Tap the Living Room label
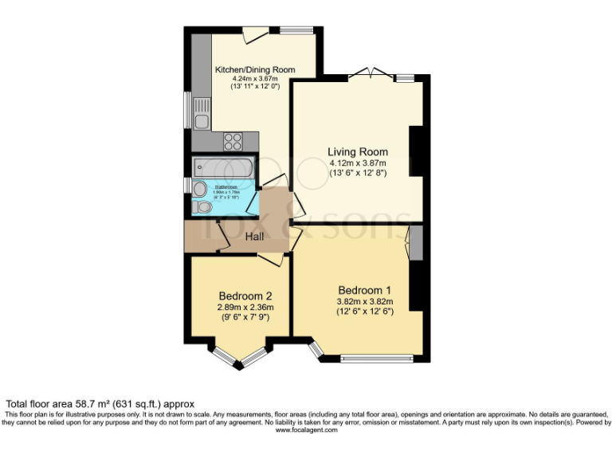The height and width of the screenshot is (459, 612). (x=358, y=151)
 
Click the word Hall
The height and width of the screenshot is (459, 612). (x=255, y=237)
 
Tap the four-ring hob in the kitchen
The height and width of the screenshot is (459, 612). (x=233, y=141)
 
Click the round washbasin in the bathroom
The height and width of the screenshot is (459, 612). (x=198, y=188)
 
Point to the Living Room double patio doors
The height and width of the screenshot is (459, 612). (x=371, y=74)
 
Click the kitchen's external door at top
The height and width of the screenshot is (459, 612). (x=256, y=34)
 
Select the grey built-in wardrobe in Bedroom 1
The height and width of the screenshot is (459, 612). (x=416, y=244)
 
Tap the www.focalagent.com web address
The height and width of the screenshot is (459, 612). (x=306, y=430)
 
